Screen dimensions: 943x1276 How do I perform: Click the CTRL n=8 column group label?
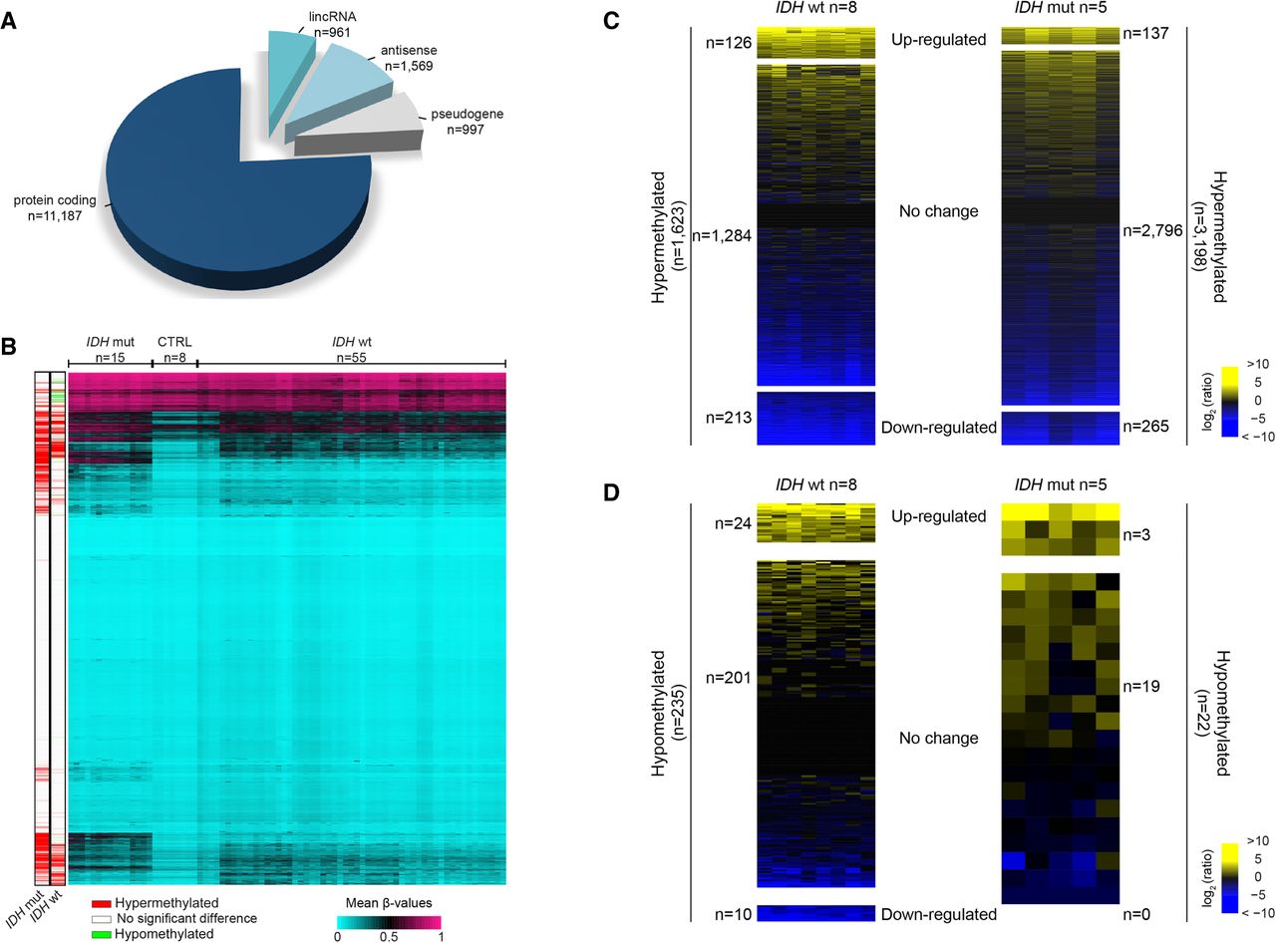tap(174, 349)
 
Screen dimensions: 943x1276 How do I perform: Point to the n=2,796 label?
tap(1149, 231)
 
